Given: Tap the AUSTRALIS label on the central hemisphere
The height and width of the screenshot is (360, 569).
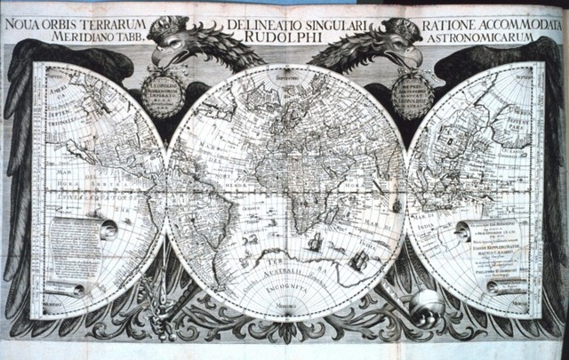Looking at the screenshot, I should coord(290,268).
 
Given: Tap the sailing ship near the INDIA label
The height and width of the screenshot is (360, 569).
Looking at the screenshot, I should coord(360,258).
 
